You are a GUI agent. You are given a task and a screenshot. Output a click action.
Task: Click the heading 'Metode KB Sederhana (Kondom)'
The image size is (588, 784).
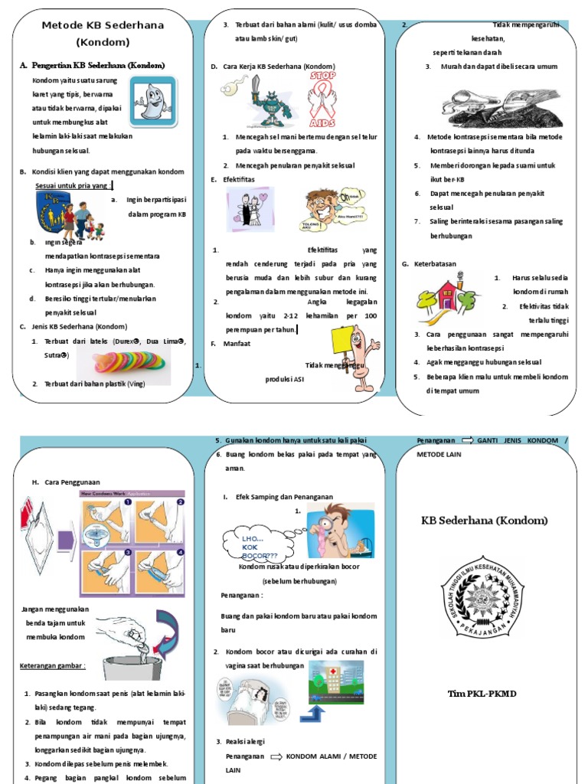coord(103,34)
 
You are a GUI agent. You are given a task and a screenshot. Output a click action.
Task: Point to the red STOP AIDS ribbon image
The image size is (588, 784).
coord(324,99)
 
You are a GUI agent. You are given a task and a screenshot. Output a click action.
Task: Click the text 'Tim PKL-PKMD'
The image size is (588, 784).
coord(482,694)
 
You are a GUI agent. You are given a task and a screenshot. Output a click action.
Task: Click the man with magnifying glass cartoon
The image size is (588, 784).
coord(340,531)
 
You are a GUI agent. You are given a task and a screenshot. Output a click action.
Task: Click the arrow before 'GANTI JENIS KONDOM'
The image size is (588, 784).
coord(467,441)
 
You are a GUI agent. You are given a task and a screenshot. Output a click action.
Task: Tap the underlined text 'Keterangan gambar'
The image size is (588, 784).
coord(52,665)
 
